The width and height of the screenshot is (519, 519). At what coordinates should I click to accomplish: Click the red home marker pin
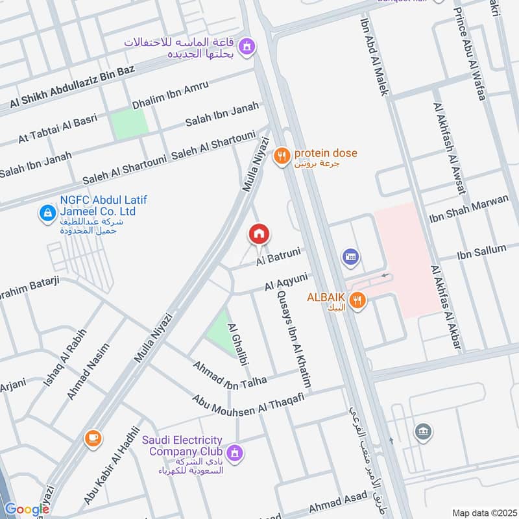tap(259, 234)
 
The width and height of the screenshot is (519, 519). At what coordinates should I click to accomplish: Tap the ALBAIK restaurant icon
tap(356, 300)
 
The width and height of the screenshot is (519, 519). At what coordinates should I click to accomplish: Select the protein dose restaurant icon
tap(281, 156)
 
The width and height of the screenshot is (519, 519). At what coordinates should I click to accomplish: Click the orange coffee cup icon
tap(93, 439)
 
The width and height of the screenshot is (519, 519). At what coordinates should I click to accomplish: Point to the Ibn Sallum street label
tap(481, 250)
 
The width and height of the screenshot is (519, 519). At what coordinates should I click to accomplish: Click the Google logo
tap(27, 509)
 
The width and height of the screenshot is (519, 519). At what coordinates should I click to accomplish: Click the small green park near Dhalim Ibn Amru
tap(128, 124)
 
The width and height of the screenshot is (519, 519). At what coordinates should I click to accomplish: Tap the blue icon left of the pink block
tap(351, 258)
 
